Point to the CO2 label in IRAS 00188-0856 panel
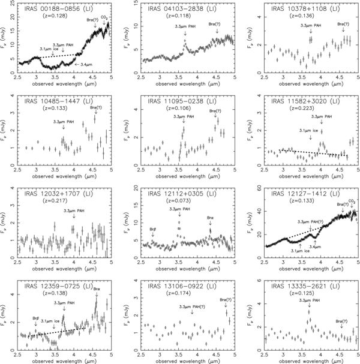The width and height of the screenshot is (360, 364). click(104, 18)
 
